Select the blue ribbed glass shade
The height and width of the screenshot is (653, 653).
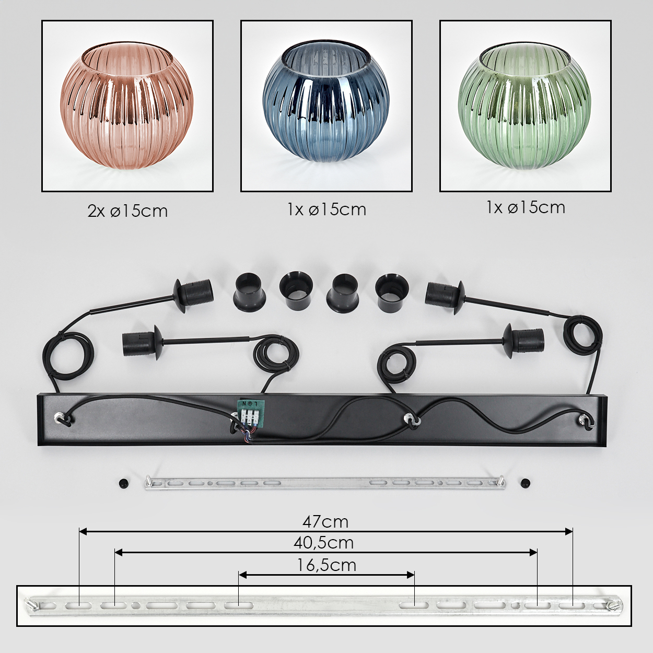326,106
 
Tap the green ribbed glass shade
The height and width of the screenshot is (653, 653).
524,106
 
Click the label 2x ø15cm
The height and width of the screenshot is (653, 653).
127,211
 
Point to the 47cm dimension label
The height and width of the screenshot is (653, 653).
325,522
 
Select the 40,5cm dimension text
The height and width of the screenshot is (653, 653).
323,543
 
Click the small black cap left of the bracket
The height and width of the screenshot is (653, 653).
123,483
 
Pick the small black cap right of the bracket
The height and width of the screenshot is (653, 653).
526,483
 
